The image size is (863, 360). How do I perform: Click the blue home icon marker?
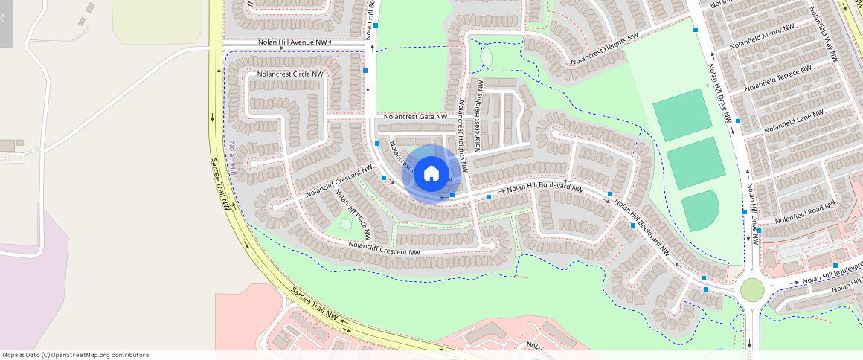point(431,174)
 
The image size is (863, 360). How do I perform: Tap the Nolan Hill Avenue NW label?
point(292,43)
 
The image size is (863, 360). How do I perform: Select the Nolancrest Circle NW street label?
point(290,74)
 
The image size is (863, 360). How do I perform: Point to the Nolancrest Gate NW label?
point(415,117)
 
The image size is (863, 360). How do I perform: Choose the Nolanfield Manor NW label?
point(762,36)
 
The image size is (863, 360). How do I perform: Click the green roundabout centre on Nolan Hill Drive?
point(752,289)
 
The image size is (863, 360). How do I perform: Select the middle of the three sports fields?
point(696,163)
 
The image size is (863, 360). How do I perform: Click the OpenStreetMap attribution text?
point(75,355)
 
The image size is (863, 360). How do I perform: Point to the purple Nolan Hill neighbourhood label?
point(232,159)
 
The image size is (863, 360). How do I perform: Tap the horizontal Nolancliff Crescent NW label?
point(384,249)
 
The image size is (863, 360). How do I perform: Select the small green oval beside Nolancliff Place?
point(346,223)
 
